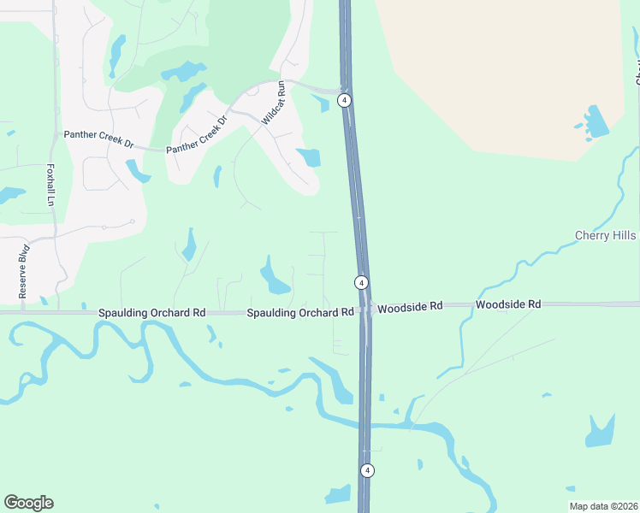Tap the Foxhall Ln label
coord(50,185)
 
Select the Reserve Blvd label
coord(23,272)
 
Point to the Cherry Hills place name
coord(605,235)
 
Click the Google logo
coord(28,503)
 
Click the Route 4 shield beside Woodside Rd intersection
coord(362,282)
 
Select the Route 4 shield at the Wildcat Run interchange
coord(344,100)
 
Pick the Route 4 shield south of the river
coord(367,470)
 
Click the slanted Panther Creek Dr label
coord(199,136)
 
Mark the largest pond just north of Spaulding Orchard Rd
coord(275,278)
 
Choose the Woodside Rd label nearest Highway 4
coord(410,306)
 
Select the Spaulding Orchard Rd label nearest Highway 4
coord(299,313)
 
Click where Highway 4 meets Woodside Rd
coord(365,309)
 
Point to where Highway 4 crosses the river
coord(364,425)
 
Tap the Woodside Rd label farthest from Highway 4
coord(508,304)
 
